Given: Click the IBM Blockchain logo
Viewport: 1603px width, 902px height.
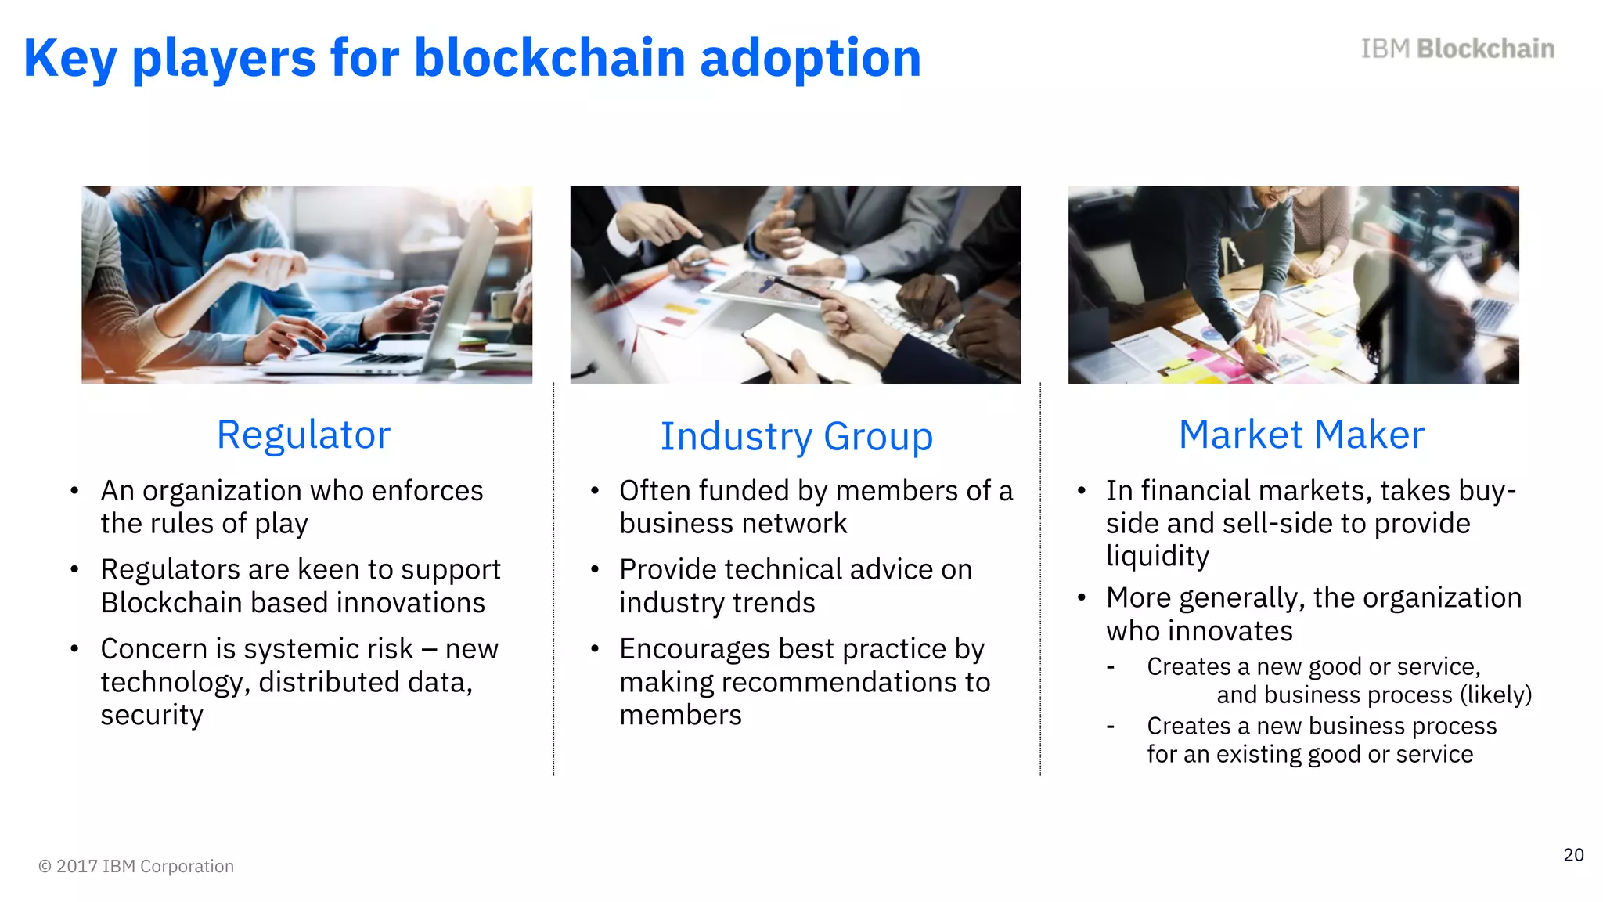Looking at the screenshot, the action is (x=1457, y=49).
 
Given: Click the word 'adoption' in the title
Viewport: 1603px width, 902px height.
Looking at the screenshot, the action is (x=810, y=60).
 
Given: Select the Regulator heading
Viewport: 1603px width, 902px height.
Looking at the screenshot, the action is (x=303, y=435).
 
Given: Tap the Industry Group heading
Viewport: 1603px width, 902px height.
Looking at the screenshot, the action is (x=796, y=437).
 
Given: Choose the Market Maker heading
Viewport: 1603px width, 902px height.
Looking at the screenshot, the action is (x=1301, y=435).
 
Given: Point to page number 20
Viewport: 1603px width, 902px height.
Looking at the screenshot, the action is (x=1573, y=855).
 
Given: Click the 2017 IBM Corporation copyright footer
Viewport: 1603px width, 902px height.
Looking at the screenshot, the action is (x=136, y=866).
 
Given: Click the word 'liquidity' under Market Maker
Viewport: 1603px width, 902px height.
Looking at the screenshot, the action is (x=1157, y=556).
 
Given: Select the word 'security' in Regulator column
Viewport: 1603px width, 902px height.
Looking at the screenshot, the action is (x=152, y=715).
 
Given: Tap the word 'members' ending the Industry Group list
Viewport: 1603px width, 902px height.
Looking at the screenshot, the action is (x=680, y=715).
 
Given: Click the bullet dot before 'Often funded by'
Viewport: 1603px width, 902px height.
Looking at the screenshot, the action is (x=595, y=491).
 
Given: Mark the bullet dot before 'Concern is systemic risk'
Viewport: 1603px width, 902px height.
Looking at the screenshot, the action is (x=74, y=649).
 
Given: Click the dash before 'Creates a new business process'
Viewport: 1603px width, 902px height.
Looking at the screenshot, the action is (x=1110, y=727).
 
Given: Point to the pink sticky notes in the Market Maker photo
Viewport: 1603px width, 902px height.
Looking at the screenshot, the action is (x=1221, y=368).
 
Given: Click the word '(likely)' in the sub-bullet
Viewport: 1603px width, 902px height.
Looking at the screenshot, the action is (x=1495, y=695).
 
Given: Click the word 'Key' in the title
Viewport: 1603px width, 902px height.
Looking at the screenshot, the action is (x=70, y=60).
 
